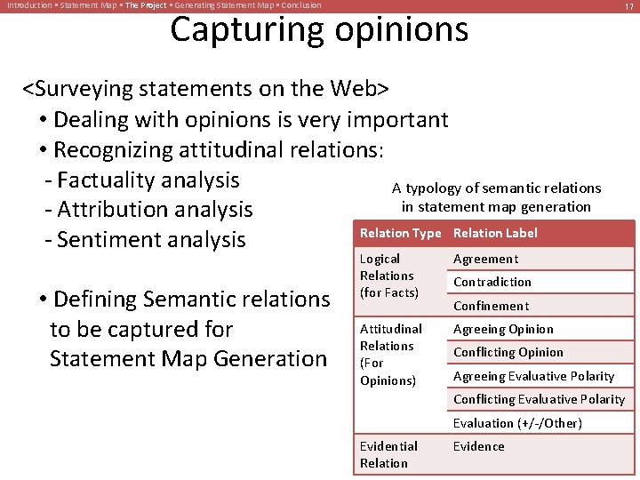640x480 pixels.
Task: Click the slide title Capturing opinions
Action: click(x=319, y=29)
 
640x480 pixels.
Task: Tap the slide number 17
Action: click(x=628, y=6)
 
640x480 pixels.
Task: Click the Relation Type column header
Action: click(x=400, y=233)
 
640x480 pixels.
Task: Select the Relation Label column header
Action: click(x=495, y=233)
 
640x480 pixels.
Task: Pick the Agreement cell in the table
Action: click(x=485, y=259)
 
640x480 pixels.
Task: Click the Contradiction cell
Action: click(x=492, y=282)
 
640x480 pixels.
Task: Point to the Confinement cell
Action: click(x=491, y=306)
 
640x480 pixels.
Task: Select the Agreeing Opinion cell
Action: click(x=503, y=329)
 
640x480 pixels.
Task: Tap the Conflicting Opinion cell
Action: click(x=508, y=352)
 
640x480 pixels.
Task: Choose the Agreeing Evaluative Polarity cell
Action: click(x=533, y=376)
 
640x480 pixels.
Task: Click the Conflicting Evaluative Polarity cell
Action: click(x=539, y=399)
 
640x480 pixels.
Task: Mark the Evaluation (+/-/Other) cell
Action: click(x=517, y=423)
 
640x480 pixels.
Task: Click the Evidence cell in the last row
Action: click(x=478, y=446)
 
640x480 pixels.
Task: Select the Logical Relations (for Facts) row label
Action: click(x=388, y=276)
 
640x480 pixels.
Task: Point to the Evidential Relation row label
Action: click(x=388, y=454)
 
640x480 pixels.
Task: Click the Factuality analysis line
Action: click(x=148, y=180)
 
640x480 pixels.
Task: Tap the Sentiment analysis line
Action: click(x=151, y=240)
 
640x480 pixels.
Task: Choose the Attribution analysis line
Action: click(x=155, y=210)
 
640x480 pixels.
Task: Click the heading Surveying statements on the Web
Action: click(x=205, y=89)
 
